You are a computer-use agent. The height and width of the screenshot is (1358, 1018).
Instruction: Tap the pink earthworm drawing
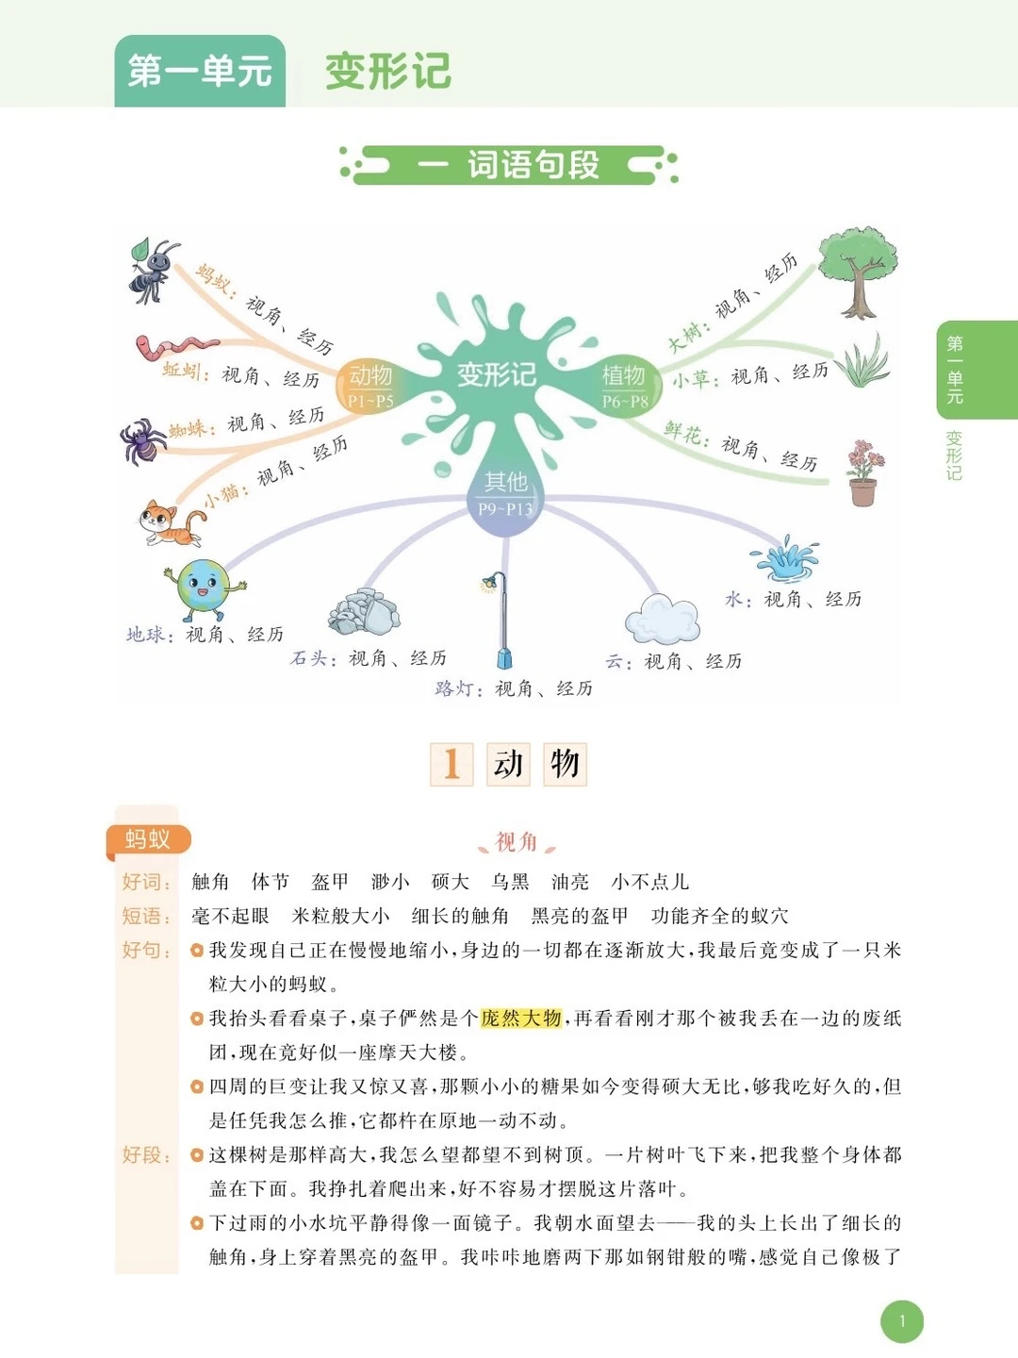click(175, 346)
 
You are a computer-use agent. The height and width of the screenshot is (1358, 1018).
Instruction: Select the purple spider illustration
click(142, 441)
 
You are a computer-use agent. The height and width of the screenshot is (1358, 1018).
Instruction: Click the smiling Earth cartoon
click(204, 589)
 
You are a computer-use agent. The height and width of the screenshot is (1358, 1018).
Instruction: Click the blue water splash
click(784, 559)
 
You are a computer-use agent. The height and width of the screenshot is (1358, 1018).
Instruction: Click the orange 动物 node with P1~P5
click(370, 385)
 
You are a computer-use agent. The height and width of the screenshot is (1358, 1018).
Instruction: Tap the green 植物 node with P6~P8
click(624, 384)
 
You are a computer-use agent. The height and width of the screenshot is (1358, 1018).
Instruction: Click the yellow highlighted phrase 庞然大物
click(521, 1018)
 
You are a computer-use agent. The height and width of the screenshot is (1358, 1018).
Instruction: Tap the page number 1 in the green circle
click(902, 1321)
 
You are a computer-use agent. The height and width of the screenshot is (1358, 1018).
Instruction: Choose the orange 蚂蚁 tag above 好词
click(148, 839)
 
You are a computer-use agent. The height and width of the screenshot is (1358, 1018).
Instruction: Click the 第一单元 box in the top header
click(200, 71)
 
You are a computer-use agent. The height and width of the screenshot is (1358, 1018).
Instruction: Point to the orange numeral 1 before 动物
click(452, 764)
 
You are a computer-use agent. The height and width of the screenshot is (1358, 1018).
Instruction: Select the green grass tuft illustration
click(862, 362)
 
